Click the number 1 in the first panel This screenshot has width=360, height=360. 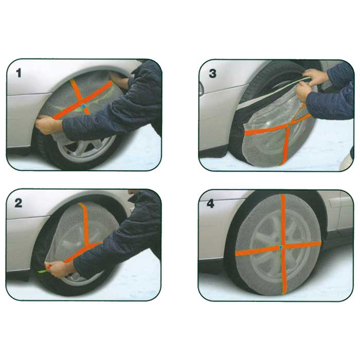[x=19, y=73]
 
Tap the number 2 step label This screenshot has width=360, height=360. [x=19, y=203]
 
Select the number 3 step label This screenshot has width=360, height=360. [x=212, y=74]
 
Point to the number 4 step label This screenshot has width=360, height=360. [x=210, y=204]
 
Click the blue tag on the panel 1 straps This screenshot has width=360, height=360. [x=83, y=106]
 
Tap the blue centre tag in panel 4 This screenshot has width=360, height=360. [x=281, y=247]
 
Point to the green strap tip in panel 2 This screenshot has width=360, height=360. [x=42, y=272]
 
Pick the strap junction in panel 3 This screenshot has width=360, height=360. [x=289, y=125]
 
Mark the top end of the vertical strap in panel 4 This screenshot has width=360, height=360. [x=282, y=195]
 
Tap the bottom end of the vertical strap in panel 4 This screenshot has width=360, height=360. [x=284, y=293]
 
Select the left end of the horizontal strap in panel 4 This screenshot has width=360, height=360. [x=237, y=253]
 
